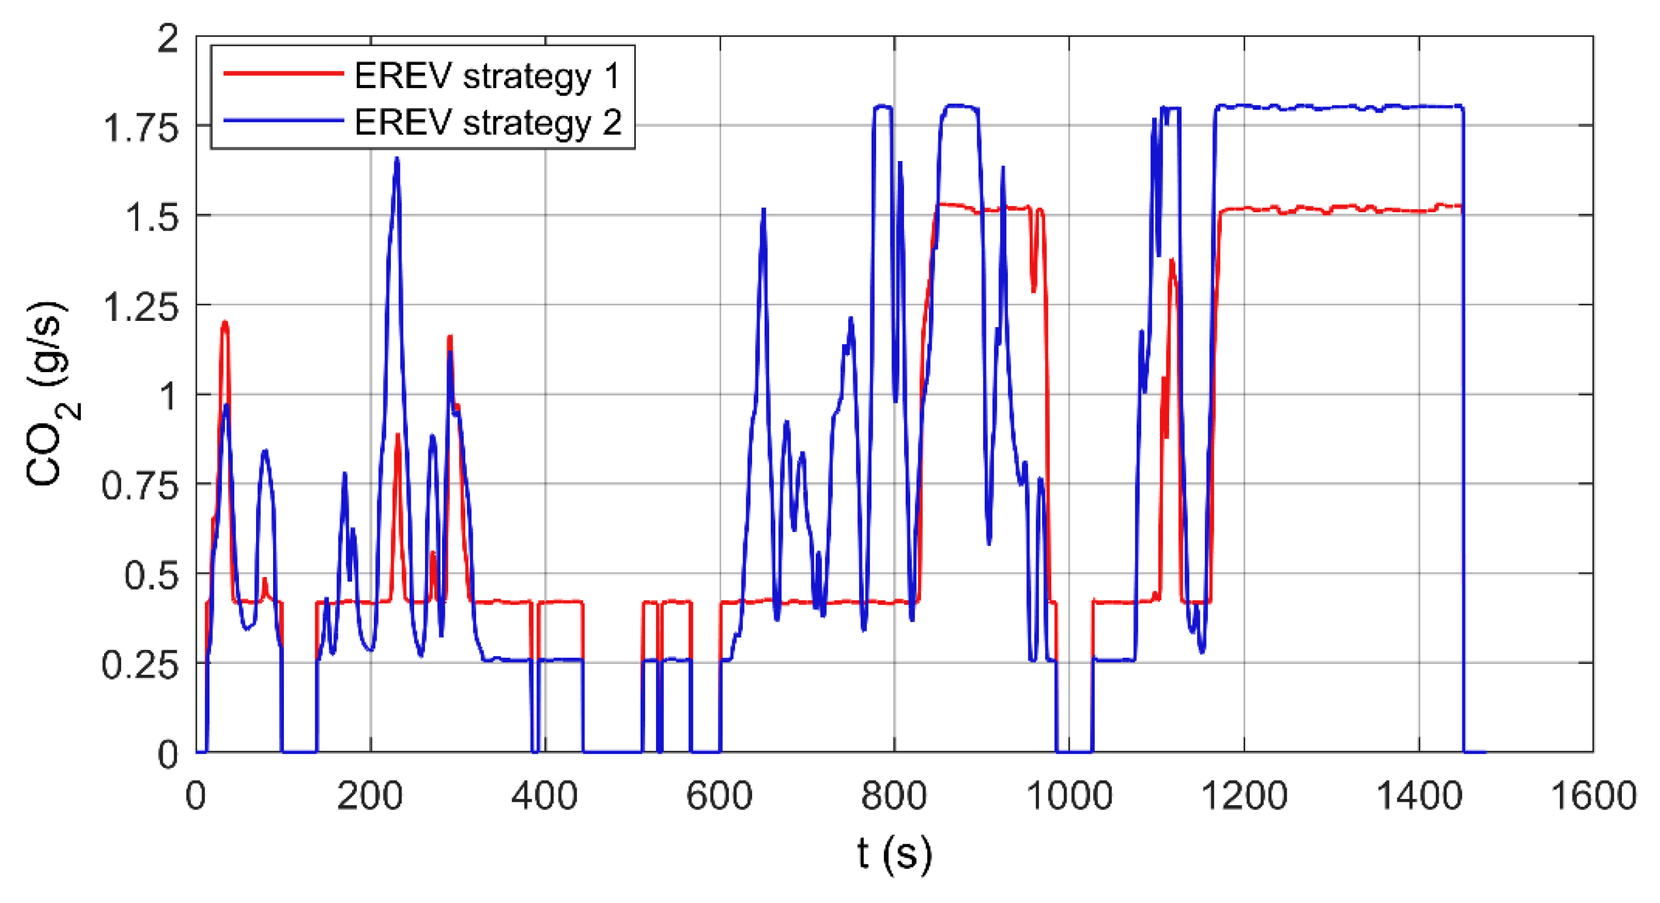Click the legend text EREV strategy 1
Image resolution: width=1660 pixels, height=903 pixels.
click(x=486, y=76)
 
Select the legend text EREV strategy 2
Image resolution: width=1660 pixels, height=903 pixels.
click(x=488, y=122)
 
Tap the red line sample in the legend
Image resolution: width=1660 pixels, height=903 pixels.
click(x=283, y=73)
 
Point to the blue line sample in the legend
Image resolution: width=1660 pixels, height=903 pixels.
click(x=283, y=120)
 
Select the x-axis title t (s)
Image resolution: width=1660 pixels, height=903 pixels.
click(x=894, y=853)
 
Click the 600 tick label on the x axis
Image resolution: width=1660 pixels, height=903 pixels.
click(x=719, y=796)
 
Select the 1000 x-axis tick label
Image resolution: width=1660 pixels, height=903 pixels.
click(x=1068, y=796)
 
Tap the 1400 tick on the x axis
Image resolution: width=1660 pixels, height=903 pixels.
click(x=1418, y=796)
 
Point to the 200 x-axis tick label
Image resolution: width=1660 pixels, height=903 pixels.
click(x=370, y=796)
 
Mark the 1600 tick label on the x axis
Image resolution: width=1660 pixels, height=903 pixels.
click(x=1593, y=796)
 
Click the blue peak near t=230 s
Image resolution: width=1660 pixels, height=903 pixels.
click(x=397, y=159)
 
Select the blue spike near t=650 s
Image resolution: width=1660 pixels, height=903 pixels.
click(x=763, y=210)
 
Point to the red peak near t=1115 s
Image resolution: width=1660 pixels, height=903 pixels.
click(x=1171, y=261)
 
